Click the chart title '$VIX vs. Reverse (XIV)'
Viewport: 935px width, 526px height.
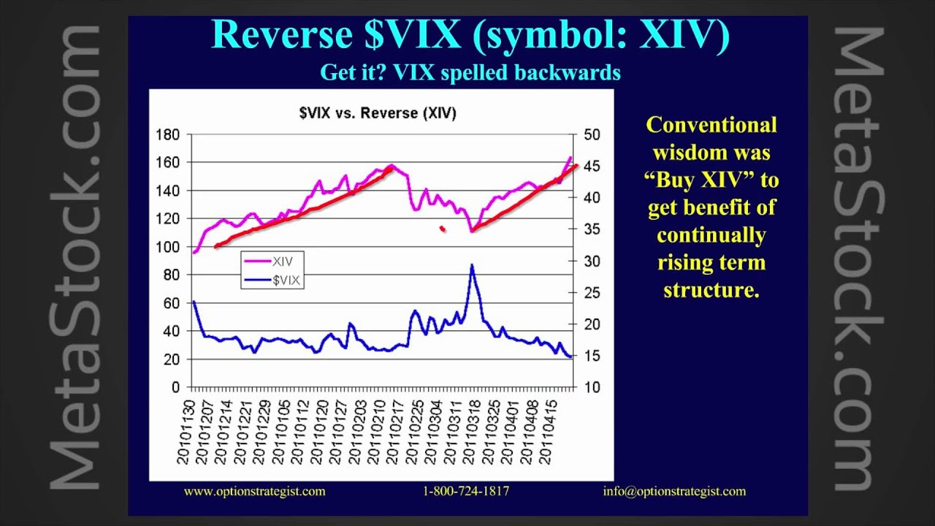(x=378, y=113)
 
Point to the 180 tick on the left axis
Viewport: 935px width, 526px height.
(x=168, y=134)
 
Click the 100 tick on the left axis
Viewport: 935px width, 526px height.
(x=168, y=247)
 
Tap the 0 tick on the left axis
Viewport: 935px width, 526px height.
(x=175, y=387)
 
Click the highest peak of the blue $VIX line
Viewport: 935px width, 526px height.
(x=472, y=264)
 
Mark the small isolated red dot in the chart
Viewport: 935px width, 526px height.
(x=442, y=229)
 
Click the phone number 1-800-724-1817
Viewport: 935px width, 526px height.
(x=466, y=492)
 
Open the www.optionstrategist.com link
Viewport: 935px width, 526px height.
(x=254, y=492)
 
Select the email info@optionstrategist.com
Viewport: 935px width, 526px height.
(x=674, y=492)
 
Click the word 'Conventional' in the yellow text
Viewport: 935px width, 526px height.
(x=711, y=125)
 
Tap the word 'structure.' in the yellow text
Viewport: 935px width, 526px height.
(x=711, y=289)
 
